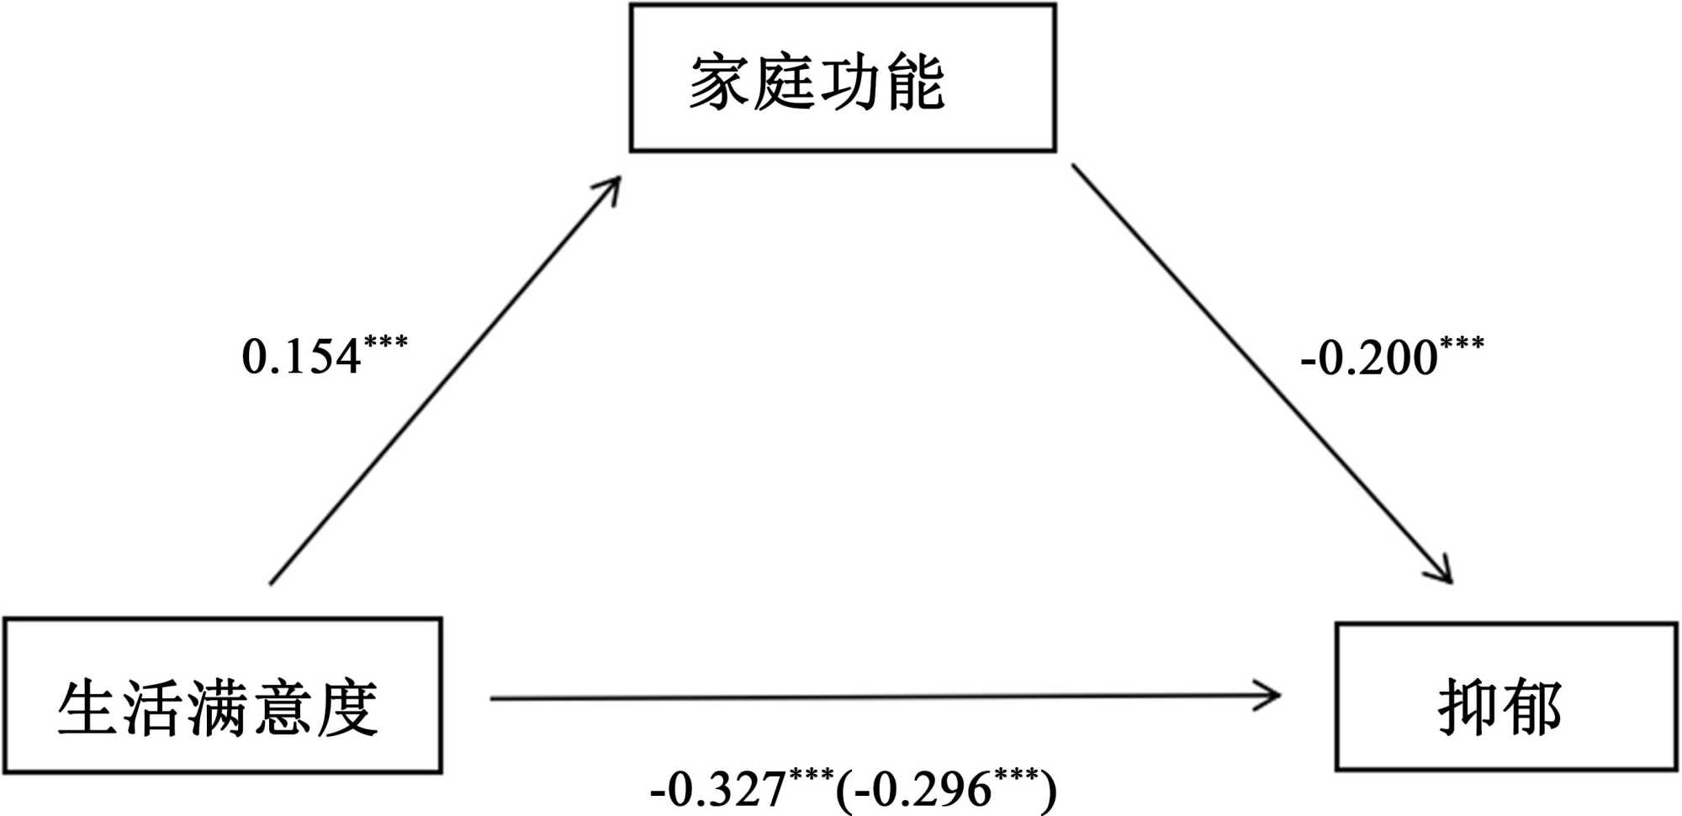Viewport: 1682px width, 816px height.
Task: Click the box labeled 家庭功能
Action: [x=843, y=78]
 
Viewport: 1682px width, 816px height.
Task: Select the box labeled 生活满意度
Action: [x=223, y=696]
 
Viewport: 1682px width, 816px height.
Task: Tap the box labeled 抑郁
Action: [x=1505, y=697]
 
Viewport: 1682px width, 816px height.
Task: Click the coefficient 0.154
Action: [x=301, y=357]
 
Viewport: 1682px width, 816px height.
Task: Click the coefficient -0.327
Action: [x=718, y=789]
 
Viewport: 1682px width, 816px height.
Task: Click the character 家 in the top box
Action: [x=719, y=82]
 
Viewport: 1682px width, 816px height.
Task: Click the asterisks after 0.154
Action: [x=386, y=342]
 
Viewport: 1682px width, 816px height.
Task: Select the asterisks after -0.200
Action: [x=1462, y=343]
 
